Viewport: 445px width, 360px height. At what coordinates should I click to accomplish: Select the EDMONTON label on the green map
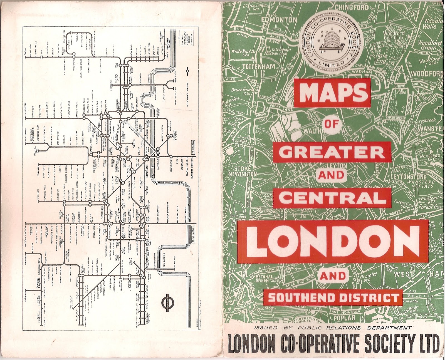279,20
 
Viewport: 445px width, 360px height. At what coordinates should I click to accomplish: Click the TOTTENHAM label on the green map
259,67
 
